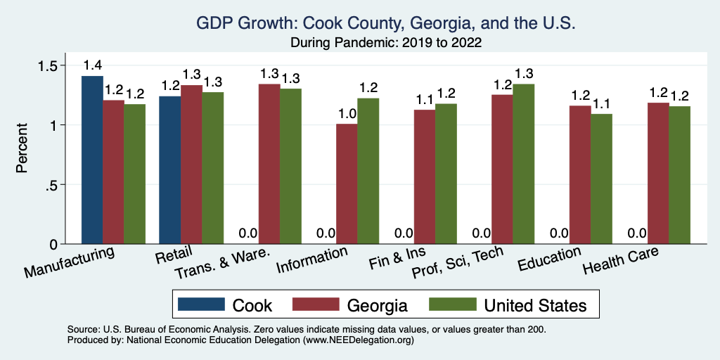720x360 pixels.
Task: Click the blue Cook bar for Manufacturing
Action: (x=92, y=160)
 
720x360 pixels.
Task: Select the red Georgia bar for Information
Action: (x=347, y=184)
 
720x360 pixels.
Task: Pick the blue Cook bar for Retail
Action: (x=169, y=170)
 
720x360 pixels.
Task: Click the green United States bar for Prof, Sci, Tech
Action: (x=523, y=164)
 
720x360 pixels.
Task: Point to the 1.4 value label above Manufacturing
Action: (x=92, y=65)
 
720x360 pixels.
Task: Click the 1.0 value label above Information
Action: (x=347, y=114)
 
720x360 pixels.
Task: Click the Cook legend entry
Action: (x=225, y=305)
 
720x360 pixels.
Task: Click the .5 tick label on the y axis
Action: (x=51, y=185)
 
